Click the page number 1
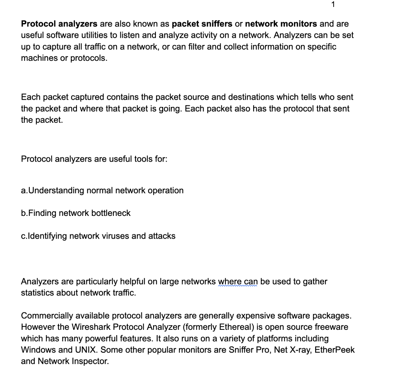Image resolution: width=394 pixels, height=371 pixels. [333, 5]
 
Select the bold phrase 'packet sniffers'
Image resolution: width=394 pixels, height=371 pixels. [202, 24]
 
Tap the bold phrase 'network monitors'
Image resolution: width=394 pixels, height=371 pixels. [281, 24]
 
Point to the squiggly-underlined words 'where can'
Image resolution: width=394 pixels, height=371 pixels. [238, 282]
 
